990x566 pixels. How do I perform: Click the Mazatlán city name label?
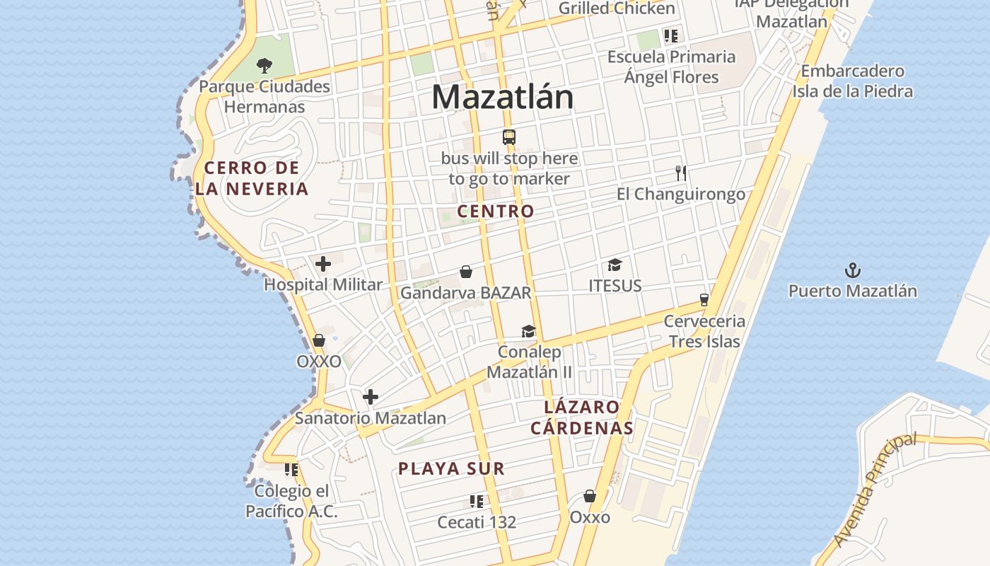coord(502,97)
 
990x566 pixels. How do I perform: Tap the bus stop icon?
coord(508,137)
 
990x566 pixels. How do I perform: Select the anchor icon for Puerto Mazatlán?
coord(853,270)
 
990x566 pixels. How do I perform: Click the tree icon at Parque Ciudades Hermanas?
coord(264,66)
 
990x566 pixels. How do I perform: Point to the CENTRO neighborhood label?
coord(496,211)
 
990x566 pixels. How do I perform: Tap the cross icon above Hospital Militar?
coord(323,264)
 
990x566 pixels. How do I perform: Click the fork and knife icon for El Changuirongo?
coord(681,173)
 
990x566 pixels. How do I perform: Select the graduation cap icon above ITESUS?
coord(615,265)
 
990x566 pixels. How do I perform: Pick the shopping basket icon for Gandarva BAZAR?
coord(466,272)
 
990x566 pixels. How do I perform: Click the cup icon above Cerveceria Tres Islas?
coord(704,299)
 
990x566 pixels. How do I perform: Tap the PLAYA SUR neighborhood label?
coord(451,468)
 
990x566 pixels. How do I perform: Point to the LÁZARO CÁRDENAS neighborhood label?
coord(582,417)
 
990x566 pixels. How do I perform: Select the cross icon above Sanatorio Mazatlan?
coord(370,397)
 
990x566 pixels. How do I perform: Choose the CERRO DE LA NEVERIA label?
coord(252,178)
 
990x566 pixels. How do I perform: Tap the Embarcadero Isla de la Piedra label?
coord(852,81)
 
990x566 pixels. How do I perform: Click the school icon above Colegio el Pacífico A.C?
coord(291,470)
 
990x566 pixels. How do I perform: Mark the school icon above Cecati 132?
coord(477,502)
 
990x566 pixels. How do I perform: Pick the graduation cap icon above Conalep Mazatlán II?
coord(528,331)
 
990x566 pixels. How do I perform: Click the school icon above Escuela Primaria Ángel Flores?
coord(670,36)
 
